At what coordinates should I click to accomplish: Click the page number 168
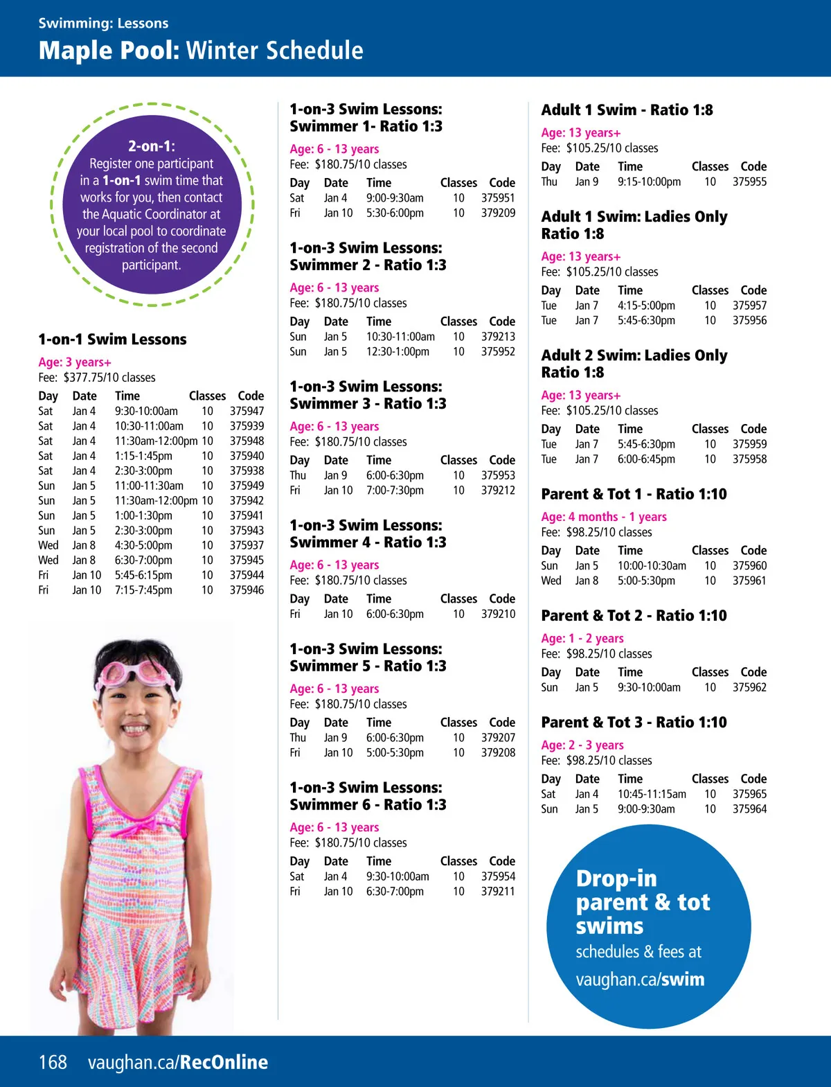53,1062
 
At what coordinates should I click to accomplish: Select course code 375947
247,411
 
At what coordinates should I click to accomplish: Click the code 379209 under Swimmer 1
498,213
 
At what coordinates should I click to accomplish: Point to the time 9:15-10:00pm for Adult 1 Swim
649,182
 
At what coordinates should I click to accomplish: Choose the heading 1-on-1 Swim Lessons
112,339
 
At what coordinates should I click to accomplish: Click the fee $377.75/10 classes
109,378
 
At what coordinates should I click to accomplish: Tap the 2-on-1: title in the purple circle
152,146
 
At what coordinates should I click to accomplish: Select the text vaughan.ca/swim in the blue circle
640,979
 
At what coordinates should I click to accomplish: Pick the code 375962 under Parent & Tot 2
749,687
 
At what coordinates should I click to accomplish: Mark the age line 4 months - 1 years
604,517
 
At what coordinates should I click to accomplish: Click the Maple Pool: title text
109,51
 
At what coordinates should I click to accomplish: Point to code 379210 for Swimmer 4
498,614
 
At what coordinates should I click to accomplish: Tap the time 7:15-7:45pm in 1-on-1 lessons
143,590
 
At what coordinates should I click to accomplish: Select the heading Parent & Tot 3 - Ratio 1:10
634,723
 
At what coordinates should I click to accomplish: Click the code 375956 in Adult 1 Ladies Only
749,320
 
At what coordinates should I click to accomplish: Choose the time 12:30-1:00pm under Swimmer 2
397,351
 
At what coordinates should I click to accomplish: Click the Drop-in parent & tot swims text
643,902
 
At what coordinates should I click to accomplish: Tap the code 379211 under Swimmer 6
498,891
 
